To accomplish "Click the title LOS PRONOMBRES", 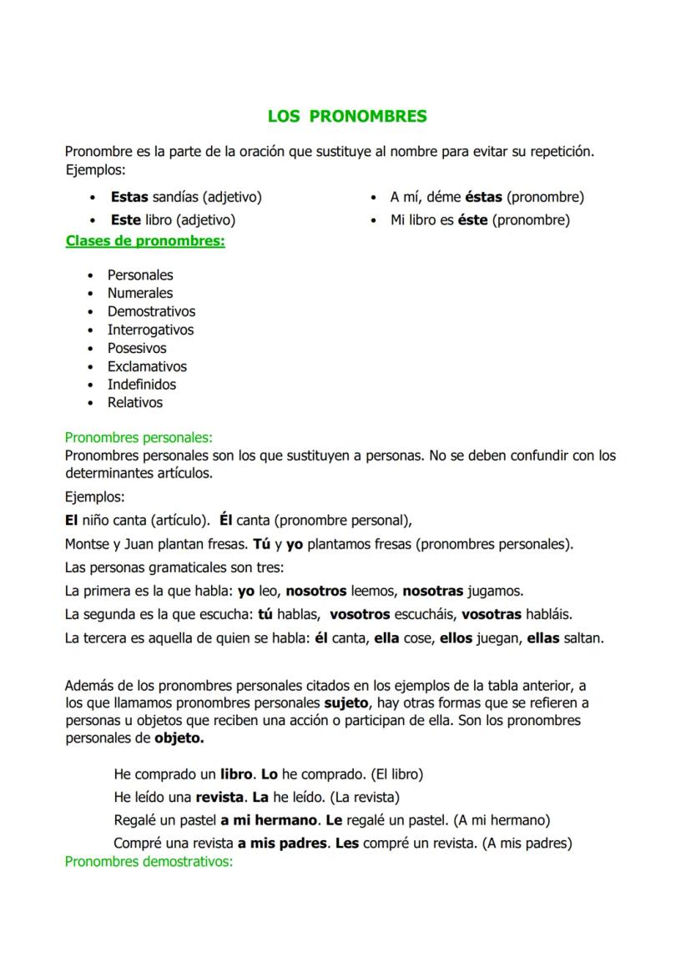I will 346,117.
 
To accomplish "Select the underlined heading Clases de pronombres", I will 144,241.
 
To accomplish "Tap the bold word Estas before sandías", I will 129,198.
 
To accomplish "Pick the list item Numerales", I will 140,294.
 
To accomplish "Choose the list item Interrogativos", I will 150,330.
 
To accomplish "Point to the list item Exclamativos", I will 147,367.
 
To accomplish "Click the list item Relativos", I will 135,403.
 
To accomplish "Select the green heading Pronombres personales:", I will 139,437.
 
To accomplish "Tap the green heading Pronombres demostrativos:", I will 149,861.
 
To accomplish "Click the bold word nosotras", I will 432,592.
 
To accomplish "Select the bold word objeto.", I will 179,738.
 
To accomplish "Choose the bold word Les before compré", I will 346,844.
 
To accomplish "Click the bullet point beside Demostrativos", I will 91,312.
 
